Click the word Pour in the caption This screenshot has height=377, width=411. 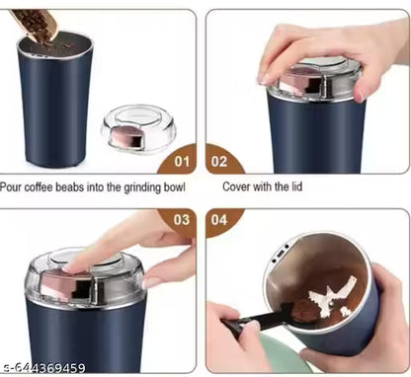coord(13,186)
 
